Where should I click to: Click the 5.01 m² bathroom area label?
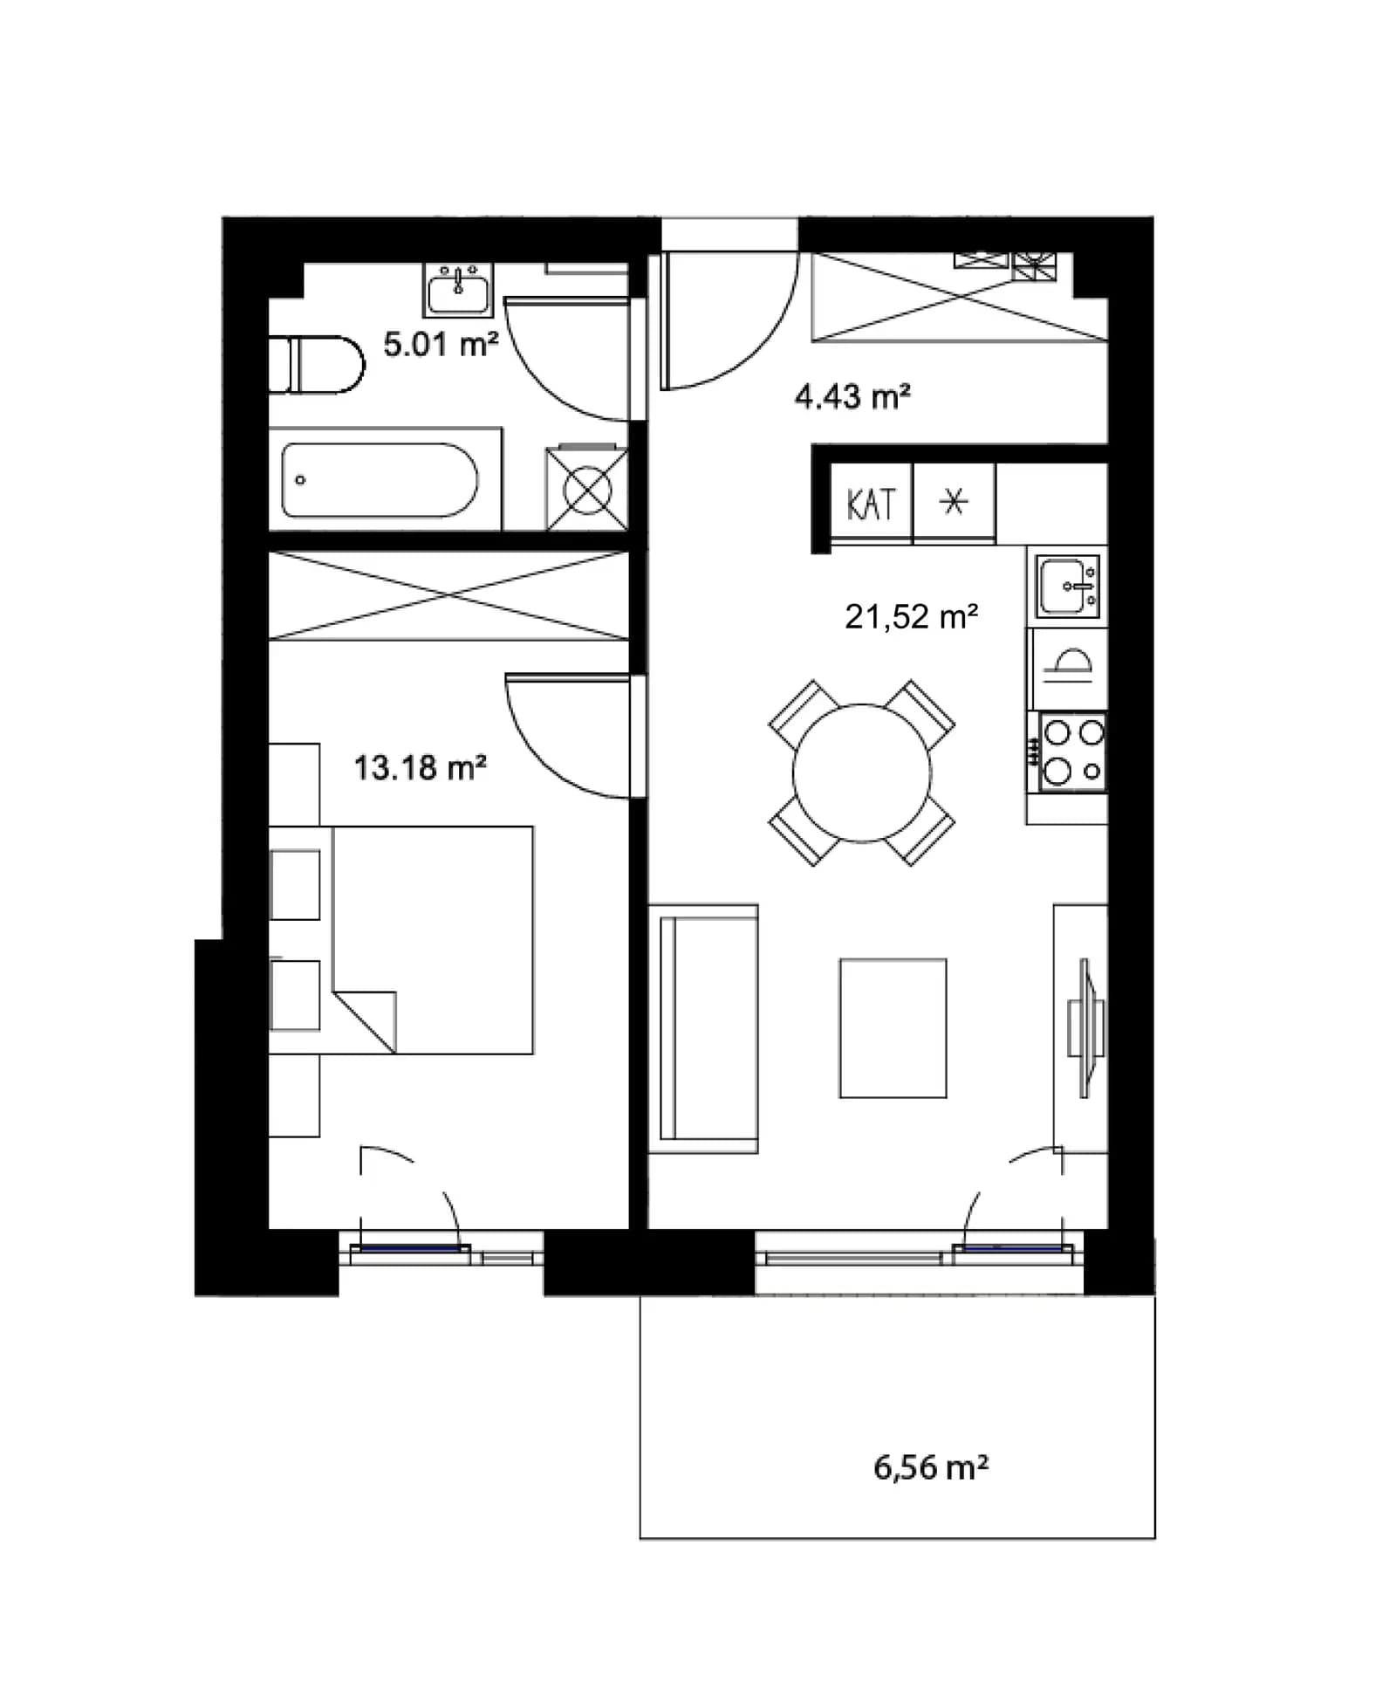441,344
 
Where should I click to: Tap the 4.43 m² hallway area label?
852,396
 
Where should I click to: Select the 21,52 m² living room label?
911,617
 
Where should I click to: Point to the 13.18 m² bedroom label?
420,768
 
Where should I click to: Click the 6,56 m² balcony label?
930,1467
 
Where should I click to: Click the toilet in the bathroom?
316,365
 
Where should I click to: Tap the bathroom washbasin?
458,290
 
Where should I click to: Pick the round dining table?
861,773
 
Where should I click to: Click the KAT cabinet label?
871,505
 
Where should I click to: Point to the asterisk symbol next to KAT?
954,502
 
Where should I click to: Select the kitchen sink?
1068,586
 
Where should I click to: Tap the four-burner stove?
1072,752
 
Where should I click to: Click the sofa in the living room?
703,1028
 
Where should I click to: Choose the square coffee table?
893,1028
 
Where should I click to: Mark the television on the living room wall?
1085,1027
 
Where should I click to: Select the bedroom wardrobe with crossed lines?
448,595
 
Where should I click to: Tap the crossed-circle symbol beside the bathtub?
587,490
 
